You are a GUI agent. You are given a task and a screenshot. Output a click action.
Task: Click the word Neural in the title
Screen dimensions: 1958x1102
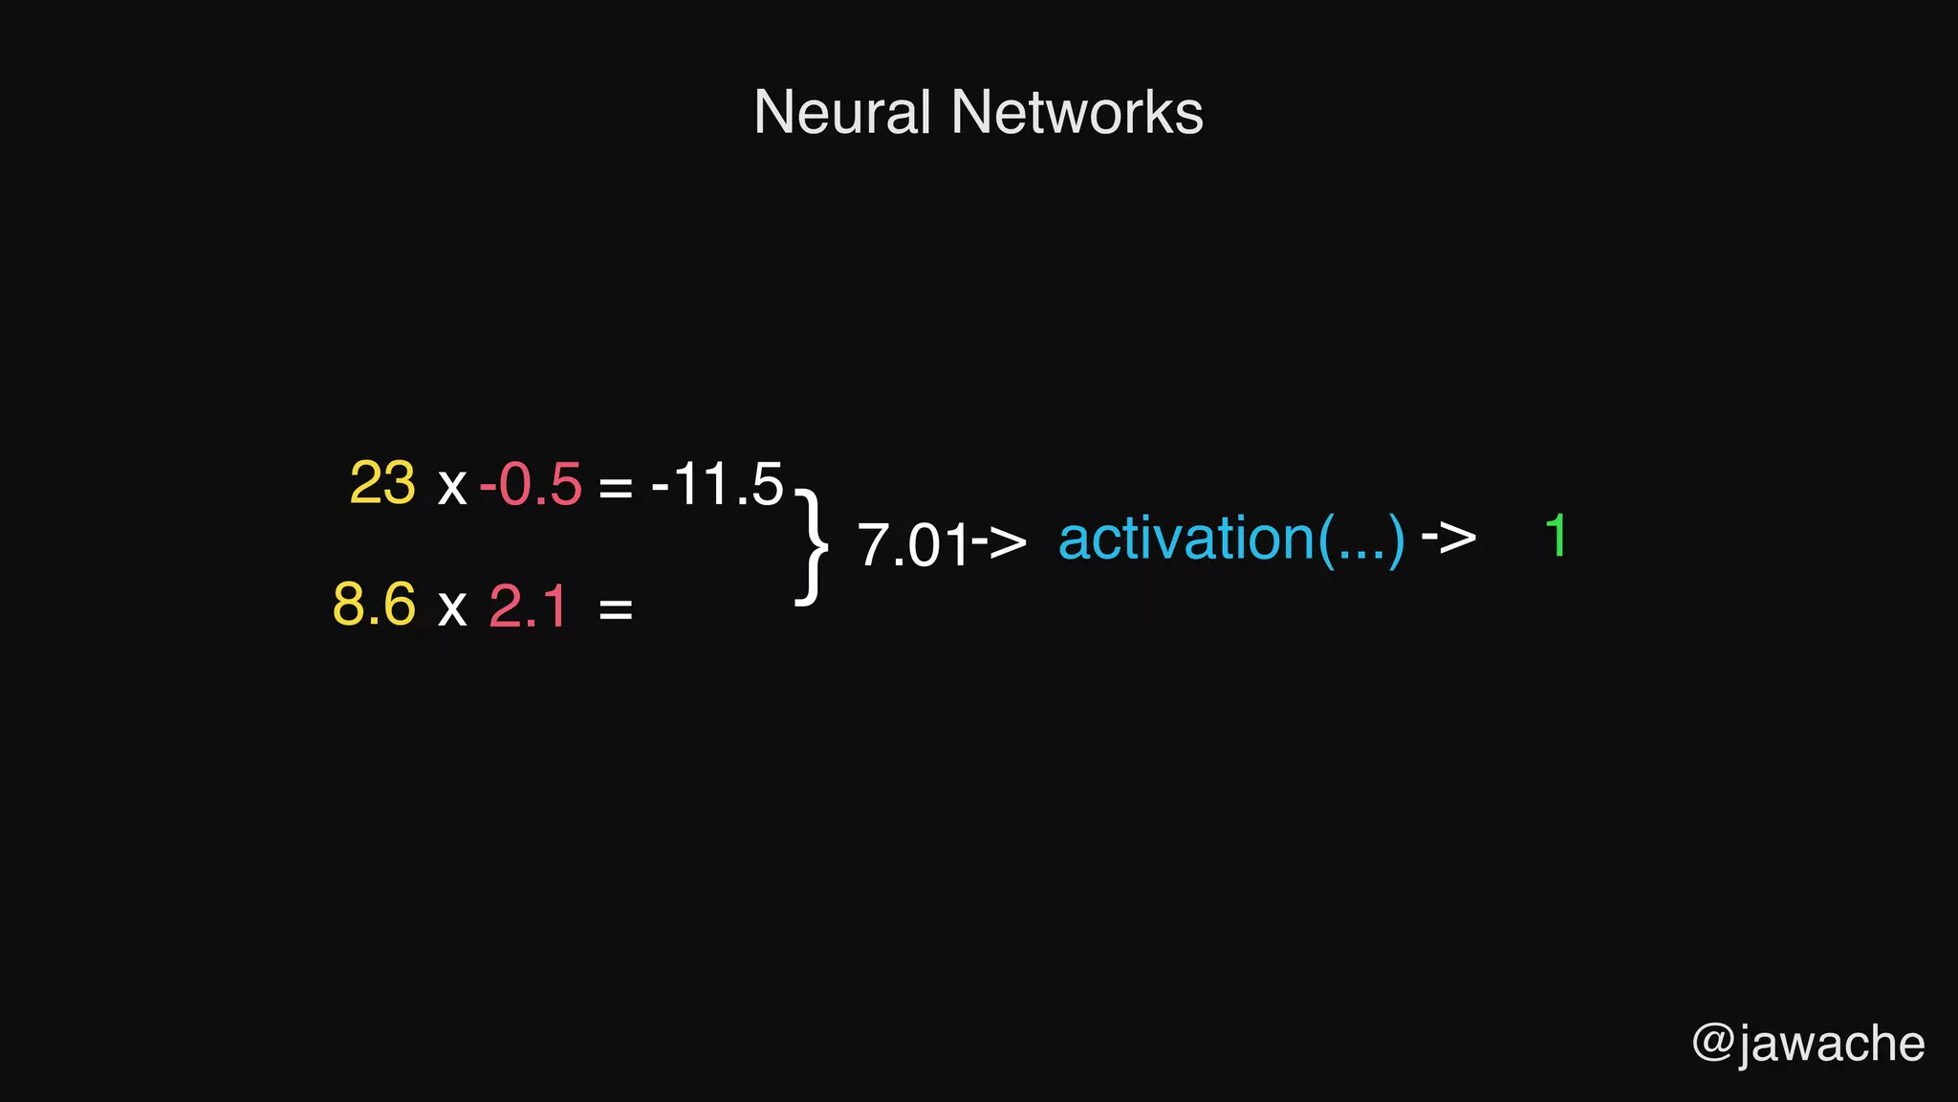[x=841, y=113]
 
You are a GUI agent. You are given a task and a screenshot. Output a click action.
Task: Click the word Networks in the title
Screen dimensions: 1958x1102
[x=1077, y=113]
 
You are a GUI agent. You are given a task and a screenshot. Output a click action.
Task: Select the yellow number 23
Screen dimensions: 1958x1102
[x=382, y=483]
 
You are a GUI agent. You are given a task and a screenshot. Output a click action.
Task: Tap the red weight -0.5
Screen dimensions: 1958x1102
[x=531, y=484]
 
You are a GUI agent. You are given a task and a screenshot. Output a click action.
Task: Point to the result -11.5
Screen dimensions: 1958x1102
[x=717, y=484]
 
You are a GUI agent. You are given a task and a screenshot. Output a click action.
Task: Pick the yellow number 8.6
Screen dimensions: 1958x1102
[x=374, y=605]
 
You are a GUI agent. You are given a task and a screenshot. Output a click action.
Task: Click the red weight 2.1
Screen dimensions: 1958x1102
[x=528, y=606]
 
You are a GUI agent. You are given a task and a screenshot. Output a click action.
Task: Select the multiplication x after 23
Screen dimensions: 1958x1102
[x=451, y=487]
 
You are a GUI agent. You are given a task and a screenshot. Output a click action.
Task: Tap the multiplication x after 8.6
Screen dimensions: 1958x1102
[x=451, y=608]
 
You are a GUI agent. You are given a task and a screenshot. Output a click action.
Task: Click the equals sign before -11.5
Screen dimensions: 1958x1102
[x=615, y=488]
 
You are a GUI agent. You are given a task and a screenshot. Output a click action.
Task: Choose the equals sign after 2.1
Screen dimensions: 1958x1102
[x=615, y=608]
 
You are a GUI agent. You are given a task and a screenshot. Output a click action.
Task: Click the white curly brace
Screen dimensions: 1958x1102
[x=811, y=546]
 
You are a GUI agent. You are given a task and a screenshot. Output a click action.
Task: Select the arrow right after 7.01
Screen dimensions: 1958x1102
[x=1000, y=541]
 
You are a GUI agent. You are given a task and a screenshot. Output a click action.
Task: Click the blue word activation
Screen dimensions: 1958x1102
[x=1186, y=539]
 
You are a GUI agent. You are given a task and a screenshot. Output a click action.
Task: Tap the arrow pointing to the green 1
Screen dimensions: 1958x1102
[x=1448, y=538]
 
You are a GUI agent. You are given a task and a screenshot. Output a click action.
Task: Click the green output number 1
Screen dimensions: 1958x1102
[x=1556, y=536]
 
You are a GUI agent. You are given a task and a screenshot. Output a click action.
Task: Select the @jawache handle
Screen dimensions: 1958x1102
[x=1808, y=1043]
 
